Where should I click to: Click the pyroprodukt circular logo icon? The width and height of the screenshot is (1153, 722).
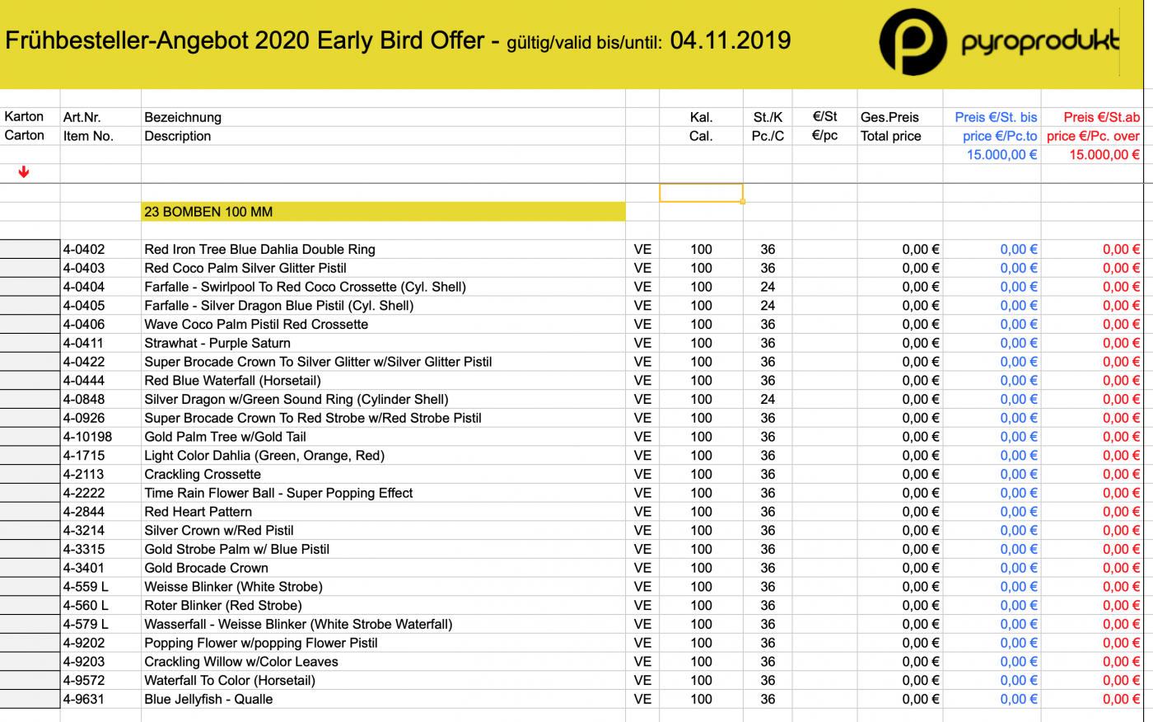[913, 42]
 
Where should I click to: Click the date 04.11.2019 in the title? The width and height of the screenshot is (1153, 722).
[731, 40]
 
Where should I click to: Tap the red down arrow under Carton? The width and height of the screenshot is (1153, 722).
[24, 171]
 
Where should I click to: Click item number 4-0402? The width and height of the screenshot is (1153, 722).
[84, 249]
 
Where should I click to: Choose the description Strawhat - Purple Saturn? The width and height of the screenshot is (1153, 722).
[217, 343]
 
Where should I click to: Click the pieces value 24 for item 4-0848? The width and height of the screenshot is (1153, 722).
[768, 399]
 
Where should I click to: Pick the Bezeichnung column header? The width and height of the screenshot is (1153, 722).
[183, 117]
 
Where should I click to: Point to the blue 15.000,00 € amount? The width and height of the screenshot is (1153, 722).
[1001, 154]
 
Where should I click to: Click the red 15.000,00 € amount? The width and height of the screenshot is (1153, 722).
[1104, 154]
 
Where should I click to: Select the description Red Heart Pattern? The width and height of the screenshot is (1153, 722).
[198, 512]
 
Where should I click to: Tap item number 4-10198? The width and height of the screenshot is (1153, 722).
[87, 437]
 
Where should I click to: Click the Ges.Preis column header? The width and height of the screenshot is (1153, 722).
[889, 117]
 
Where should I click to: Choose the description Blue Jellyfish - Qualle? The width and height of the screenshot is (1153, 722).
[208, 699]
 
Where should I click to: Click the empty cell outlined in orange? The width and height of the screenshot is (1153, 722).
[701, 193]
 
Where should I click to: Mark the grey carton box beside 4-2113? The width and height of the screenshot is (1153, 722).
[30, 474]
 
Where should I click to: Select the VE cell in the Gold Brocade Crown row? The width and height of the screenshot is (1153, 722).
[642, 568]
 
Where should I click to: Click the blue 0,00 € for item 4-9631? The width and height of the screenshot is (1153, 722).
[1019, 699]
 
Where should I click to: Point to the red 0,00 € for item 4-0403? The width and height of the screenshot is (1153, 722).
[1121, 268]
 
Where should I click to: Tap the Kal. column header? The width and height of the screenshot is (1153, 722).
[701, 117]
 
